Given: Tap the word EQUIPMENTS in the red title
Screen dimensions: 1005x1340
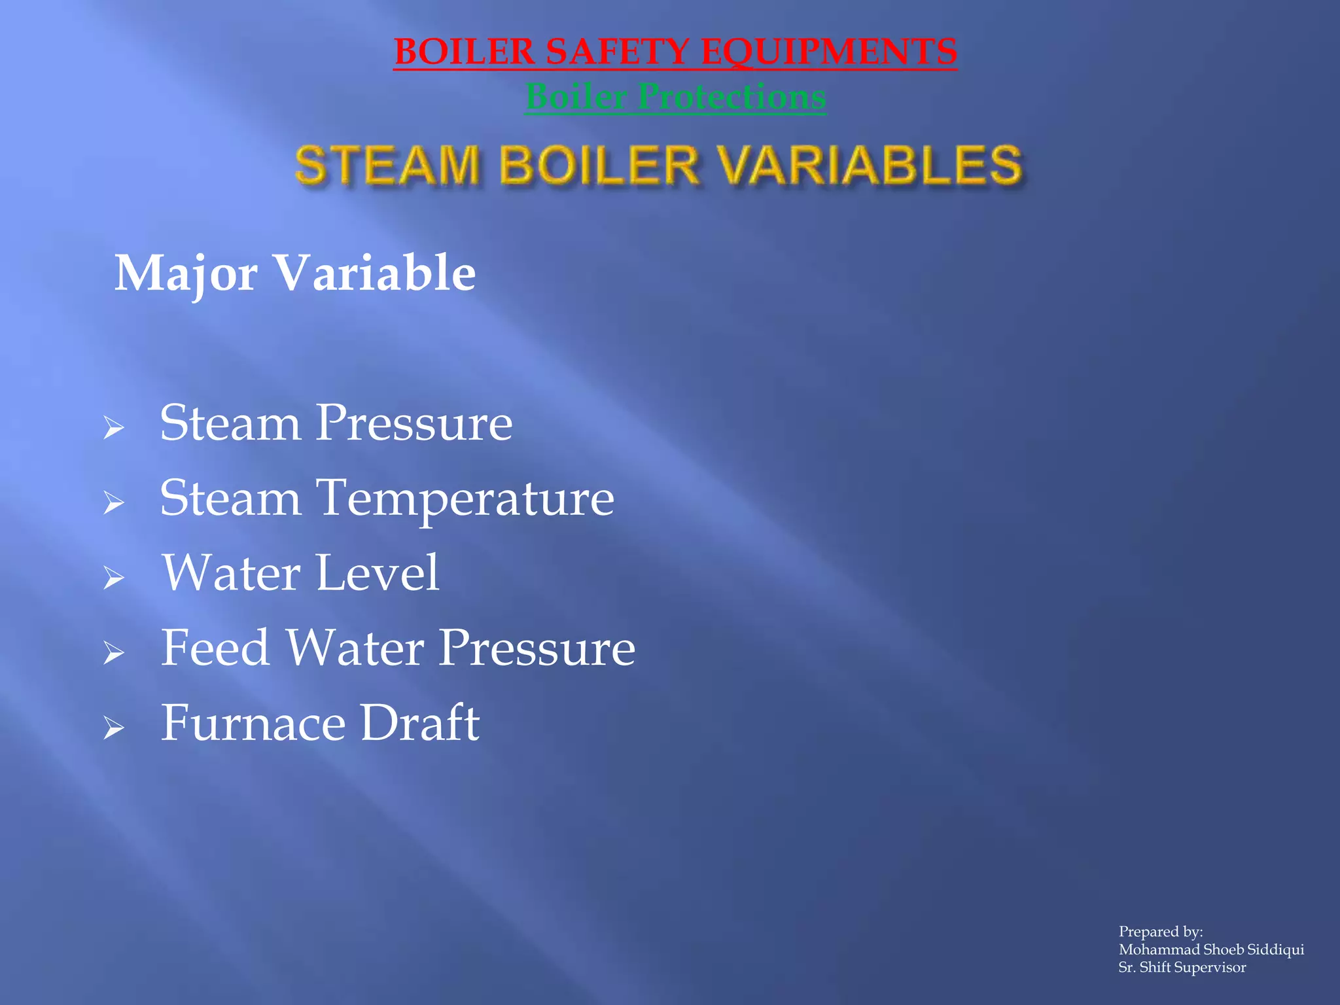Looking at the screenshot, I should (x=828, y=52).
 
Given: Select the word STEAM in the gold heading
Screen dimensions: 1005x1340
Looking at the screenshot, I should (x=387, y=164).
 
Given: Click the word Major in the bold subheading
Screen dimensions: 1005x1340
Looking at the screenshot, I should (x=186, y=273).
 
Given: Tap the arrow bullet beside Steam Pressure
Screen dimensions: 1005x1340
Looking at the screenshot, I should (x=114, y=428).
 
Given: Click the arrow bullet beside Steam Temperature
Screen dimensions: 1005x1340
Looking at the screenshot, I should (x=114, y=503).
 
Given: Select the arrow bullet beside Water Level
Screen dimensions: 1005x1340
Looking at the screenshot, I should (x=114, y=578).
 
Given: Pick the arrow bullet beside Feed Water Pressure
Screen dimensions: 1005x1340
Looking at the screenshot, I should (x=114, y=653).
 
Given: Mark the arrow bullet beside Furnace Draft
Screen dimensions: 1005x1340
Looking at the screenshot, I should (x=114, y=728).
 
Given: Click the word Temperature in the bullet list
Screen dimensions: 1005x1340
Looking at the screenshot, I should (x=465, y=499).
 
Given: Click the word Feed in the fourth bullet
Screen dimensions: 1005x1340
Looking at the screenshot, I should (x=215, y=648).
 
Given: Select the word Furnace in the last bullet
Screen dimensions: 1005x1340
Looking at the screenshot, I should (x=253, y=723).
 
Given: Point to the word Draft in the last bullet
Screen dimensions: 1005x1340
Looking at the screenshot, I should (x=419, y=723).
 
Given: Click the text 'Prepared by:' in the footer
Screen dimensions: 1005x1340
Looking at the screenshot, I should (x=1161, y=932).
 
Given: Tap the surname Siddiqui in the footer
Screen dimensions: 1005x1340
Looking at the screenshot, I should (x=1276, y=949).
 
